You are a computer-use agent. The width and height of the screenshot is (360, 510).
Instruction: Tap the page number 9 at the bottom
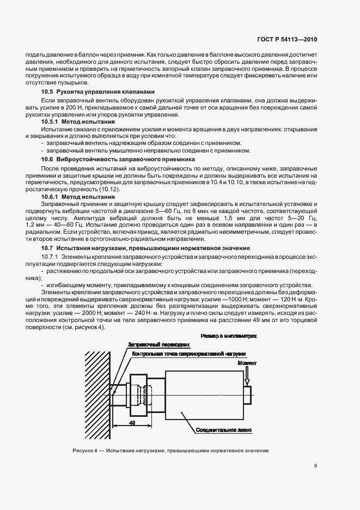[x=316, y=465]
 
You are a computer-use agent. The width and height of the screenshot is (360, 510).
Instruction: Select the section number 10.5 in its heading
[x=48, y=92]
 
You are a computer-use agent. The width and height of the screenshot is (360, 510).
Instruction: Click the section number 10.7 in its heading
[x=48, y=248]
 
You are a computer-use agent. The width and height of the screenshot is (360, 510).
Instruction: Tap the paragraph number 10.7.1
[x=51, y=256]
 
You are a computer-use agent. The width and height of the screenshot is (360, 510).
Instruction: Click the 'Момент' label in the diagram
[x=247, y=362]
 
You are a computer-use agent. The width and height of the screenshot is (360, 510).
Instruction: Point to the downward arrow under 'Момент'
[x=247, y=376]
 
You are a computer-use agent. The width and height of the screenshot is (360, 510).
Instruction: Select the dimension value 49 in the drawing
[x=132, y=422]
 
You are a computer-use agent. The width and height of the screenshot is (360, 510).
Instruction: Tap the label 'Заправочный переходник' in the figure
[x=158, y=345]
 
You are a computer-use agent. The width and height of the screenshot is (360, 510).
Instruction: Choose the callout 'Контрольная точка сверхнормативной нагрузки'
[x=188, y=353]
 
